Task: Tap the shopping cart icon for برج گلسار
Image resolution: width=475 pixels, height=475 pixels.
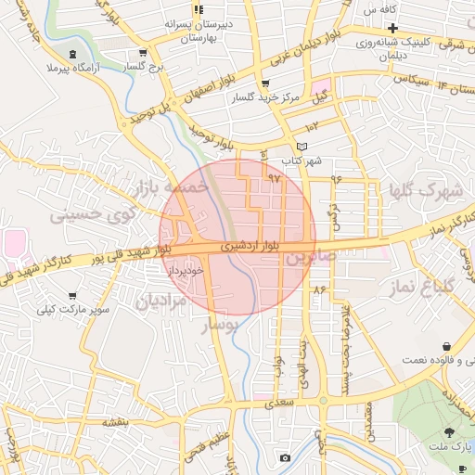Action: [x=141, y=53]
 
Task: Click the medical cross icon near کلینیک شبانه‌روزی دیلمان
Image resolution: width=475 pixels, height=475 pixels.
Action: [x=393, y=28]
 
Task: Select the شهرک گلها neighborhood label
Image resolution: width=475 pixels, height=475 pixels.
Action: [x=427, y=190]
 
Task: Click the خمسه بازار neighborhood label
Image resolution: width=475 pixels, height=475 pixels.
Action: [x=170, y=188]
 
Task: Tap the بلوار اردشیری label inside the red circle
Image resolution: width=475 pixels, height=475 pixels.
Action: [x=250, y=248]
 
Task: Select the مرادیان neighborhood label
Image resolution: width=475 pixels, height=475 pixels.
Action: [x=160, y=301]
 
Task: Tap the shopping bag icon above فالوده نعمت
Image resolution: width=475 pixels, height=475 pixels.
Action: [x=447, y=345]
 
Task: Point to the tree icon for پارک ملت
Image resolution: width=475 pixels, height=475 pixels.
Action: [x=450, y=431]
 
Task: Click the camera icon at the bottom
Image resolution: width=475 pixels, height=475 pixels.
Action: [x=284, y=457]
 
